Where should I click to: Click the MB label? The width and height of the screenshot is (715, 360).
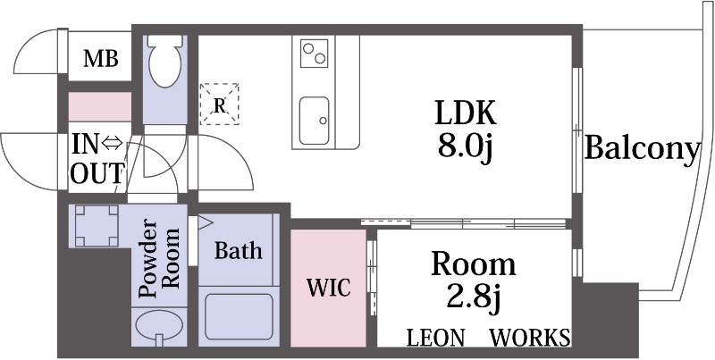(100, 59)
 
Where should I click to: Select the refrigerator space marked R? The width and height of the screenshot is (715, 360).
(219, 104)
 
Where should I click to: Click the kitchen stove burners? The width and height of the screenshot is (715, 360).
(315, 54)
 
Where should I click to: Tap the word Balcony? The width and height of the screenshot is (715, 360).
(641, 148)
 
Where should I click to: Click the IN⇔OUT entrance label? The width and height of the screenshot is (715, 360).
(97, 158)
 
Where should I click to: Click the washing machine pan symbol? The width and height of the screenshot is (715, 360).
(96, 227)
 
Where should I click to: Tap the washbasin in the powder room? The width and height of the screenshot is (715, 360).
(158, 326)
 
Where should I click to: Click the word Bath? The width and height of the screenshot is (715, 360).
(238, 250)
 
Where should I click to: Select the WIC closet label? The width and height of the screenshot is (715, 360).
(327, 289)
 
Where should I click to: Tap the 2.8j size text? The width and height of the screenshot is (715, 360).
(474, 297)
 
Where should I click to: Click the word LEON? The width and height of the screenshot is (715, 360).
(435, 338)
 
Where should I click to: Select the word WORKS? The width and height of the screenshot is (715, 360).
(530, 338)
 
